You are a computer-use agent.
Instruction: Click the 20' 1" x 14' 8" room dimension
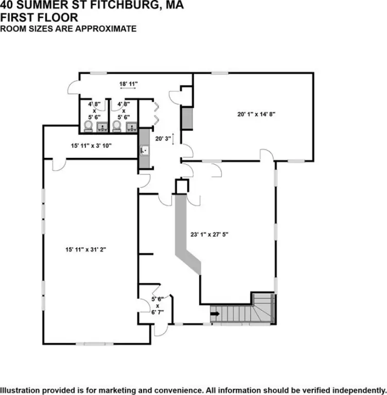(x=256, y=114)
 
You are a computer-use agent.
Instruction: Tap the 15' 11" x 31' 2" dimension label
(x=86, y=249)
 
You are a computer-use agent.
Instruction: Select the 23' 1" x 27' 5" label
(x=209, y=235)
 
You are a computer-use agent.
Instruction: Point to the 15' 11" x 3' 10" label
(x=91, y=146)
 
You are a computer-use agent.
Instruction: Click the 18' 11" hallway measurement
(x=128, y=84)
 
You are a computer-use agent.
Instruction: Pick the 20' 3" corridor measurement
(x=163, y=138)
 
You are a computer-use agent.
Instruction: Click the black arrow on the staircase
(x=215, y=314)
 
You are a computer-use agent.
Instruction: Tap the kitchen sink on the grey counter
(x=145, y=151)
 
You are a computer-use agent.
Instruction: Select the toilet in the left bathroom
(x=88, y=126)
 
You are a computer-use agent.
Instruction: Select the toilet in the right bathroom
(x=117, y=126)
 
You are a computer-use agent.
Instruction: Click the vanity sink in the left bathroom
(x=102, y=127)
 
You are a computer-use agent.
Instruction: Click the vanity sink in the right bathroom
(x=132, y=127)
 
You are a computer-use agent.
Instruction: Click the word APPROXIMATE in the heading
(x=105, y=29)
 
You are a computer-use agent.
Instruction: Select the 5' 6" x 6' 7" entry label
(x=157, y=306)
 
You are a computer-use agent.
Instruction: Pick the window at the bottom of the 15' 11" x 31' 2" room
(x=95, y=344)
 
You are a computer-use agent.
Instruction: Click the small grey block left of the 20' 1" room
(x=187, y=118)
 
